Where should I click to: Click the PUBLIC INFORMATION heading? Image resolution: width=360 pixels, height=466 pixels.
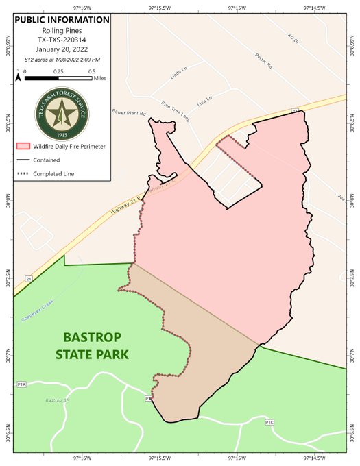[x=61, y=19]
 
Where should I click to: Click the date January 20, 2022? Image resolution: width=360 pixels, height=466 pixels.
[x=61, y=50]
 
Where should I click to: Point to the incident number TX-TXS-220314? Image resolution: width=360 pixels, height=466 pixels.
[x=61, y=40]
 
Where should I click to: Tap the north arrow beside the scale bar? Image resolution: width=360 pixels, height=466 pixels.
[x=19, y=75]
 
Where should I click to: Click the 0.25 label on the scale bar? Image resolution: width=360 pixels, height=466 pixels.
[x=59, y=71]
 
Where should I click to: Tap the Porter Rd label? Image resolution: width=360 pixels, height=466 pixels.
[x=263, y=61]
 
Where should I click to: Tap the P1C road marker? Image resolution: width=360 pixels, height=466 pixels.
[x=269, y=423]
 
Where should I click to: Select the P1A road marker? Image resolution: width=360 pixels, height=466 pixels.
[x=21, y=384]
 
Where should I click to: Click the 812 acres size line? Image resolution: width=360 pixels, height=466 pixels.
[x=61, y=60]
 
